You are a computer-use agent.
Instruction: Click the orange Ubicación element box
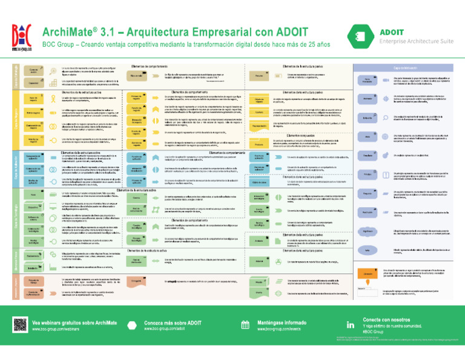point(368,256)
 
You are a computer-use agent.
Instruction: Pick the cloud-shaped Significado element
point(368,215)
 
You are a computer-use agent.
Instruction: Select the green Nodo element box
point(34,194)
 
